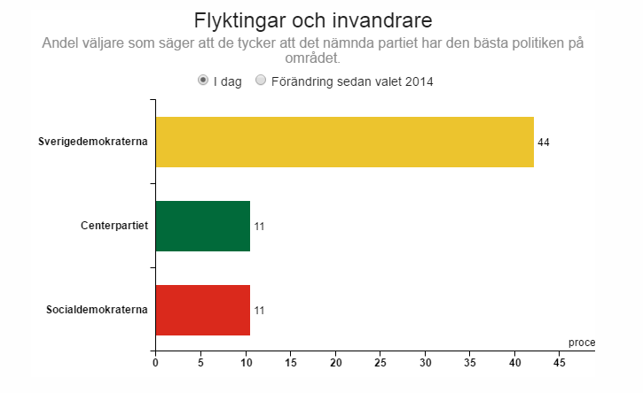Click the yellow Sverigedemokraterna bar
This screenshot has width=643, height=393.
[344, 142]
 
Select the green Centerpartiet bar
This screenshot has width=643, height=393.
[202, 226]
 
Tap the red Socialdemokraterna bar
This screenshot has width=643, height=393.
[202, 310]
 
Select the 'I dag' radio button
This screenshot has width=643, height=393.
[204, 81]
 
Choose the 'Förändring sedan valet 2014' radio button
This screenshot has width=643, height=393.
[261, 81]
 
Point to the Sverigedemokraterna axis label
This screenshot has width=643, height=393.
[92, 142]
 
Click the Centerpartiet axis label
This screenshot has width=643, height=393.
[114, 226]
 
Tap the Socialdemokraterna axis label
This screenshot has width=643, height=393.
[97, 310]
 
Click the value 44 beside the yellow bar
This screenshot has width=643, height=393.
[544, 143]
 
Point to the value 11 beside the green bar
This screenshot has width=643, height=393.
[259, 227]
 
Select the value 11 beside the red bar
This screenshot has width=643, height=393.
[259, 311]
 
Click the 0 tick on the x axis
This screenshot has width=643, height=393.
[155, 362]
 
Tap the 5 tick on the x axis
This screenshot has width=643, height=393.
[200, 362]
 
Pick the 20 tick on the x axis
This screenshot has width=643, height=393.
[335, 362]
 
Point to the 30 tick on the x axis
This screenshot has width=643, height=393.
[426, 362]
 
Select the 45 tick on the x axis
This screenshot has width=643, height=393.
[560, 362]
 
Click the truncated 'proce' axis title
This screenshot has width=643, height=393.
[582, 343]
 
